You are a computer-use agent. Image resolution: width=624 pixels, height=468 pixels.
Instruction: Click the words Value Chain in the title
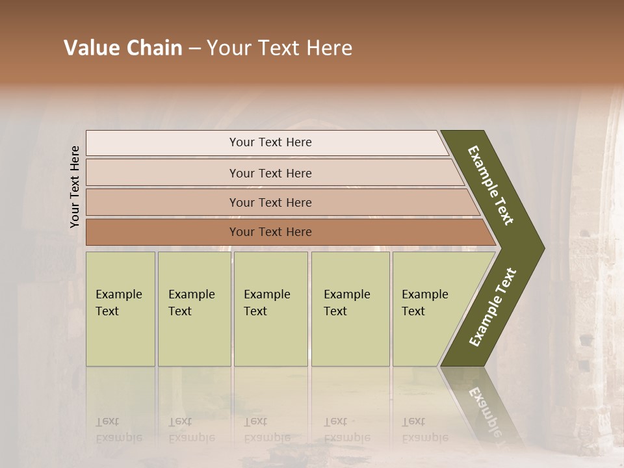pos(123,48)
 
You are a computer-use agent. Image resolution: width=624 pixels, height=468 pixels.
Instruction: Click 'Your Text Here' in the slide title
pos(279,48)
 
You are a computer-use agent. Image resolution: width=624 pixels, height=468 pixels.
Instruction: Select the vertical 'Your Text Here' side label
pos(75,187)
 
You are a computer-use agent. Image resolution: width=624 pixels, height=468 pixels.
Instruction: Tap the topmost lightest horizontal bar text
pos(270,142)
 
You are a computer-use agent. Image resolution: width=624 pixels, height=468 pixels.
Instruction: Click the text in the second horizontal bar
pos(270,174)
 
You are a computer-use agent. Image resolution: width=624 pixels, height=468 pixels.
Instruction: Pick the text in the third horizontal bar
pos(270,203)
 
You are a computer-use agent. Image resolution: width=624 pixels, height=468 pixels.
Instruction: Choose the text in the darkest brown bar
pos(270,232)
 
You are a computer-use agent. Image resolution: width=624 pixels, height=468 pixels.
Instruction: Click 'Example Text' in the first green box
pos(118,303)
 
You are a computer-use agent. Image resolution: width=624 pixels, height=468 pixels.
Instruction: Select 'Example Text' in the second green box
pos(191,303)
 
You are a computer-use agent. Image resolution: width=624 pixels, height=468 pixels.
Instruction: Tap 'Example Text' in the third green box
pos(266,303)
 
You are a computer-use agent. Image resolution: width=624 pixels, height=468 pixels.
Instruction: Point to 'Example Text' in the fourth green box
pos(346,303)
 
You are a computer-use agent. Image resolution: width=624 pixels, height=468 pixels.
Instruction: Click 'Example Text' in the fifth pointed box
pos(424,303)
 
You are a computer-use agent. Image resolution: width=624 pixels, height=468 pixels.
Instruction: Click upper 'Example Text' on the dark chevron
pos(491,185)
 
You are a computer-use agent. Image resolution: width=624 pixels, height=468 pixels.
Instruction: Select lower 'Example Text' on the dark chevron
pos(493,307)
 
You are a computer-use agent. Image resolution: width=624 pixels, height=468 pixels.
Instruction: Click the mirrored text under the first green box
pos(118,430)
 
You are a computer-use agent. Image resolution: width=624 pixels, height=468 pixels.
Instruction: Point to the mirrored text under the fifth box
pos(424,430)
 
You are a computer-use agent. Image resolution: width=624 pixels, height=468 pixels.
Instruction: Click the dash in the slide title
pos(194,49)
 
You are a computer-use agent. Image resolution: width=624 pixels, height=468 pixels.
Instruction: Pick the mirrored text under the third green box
pos(266,430)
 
